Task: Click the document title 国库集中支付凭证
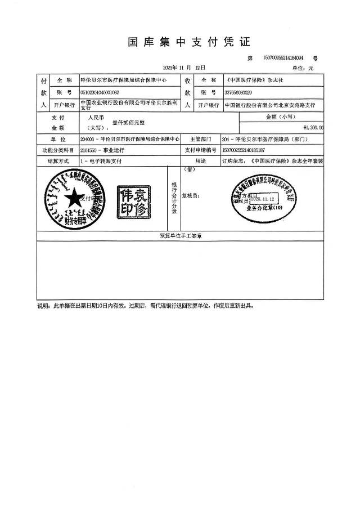pos(188,42)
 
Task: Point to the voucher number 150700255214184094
pos(283,58)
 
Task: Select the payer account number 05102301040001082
pos(100,92)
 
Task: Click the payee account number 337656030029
pos(238,92)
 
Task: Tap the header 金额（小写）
pos(281,117)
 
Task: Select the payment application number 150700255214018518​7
pos(244,150)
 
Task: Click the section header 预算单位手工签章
pos(181,236)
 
